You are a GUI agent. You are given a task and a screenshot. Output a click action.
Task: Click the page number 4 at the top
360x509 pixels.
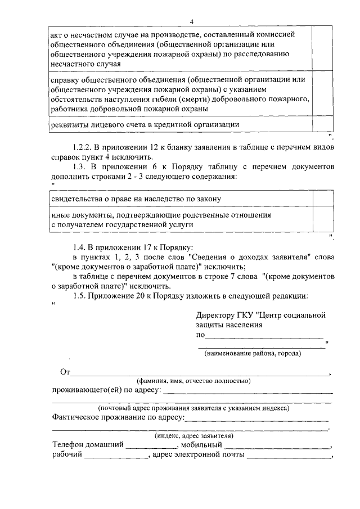click(191, 22)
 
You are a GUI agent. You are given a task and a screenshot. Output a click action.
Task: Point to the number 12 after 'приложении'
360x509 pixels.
click(161, 147)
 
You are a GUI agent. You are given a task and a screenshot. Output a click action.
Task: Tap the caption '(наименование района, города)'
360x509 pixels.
click(253, 354)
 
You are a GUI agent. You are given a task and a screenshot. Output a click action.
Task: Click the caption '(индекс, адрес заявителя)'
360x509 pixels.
click(193, 435)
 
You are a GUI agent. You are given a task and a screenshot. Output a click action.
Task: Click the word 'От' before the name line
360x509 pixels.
click(64, 372)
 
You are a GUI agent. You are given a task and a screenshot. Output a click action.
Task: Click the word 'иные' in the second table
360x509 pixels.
click(60, 215)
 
